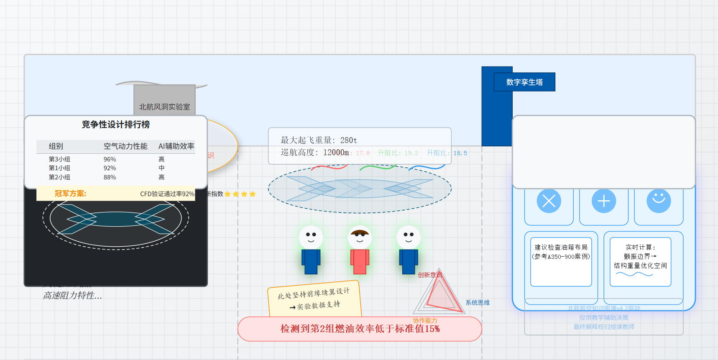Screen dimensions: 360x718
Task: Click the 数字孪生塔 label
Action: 524,82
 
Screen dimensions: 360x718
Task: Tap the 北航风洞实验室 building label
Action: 164,107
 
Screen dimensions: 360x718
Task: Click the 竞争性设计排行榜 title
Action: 115,124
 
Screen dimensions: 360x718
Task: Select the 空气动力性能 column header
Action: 125,146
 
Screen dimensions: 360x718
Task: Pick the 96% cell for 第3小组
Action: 110,159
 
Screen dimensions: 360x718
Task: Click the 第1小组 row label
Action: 59,168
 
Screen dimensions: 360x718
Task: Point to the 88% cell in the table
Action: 110,177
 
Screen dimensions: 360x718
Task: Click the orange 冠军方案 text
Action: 70,194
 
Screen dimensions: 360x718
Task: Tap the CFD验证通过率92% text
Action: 167,194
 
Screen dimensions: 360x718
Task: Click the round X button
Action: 549,201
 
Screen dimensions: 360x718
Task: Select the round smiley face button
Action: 659,201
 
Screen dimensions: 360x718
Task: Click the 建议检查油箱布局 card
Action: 561,261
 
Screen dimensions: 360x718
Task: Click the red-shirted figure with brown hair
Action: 360,251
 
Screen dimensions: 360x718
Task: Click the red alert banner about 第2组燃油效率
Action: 360,329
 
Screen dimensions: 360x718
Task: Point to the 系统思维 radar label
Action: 478,303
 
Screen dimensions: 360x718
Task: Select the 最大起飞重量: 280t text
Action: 319,140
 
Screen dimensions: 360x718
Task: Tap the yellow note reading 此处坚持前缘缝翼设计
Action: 314,299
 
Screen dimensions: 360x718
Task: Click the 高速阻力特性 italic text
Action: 72,296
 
